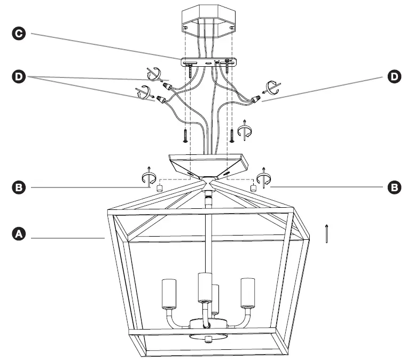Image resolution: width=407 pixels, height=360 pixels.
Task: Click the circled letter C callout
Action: tap(19, 34)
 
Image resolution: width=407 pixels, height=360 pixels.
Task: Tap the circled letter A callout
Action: tap(19, 234)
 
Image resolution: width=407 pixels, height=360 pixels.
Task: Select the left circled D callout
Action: tap(19, 77)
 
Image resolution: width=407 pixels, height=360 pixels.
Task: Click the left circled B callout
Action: tap(19, 187)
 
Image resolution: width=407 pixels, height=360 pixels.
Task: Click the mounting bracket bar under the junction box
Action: tap(208, 63)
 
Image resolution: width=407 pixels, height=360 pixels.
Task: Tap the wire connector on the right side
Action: tap(256, 99)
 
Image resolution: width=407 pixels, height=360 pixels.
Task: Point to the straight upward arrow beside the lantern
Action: tap(326, 233)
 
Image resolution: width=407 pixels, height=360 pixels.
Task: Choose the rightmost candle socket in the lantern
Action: tap(246, 293)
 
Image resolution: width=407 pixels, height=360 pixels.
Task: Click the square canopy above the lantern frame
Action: tap(208, 163)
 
